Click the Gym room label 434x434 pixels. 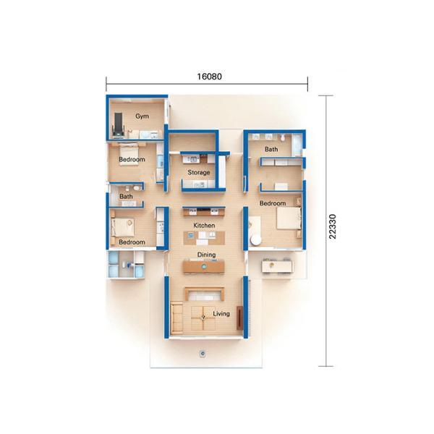click(x=141, y=116)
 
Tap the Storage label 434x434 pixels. click(x=199, y=173)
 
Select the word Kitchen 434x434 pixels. click(x=205, y=226)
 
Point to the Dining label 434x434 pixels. click(x=206, y=255)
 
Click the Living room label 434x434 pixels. click(x=221, y=314)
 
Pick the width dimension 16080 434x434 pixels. click(x=208, y=75)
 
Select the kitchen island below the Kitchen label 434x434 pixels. click(x=205, y=238)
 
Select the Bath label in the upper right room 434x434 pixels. click(x=271, y=150)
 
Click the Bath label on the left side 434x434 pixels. click(x=126, y=196)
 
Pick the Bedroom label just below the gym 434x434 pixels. click(x=132, y=159)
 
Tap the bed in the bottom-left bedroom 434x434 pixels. click(x=122, y=226)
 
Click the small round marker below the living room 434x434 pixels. click(x=203, y=354)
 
